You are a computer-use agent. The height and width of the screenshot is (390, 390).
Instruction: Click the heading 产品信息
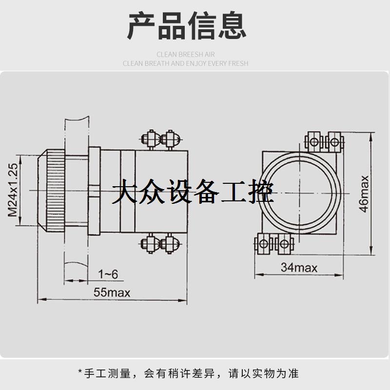point(187,27)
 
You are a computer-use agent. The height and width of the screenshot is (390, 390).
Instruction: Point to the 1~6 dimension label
point(108,274)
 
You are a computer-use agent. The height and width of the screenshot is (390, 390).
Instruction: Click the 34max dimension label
point(299,268)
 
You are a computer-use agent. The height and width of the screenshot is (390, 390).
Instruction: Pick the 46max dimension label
point(363,193)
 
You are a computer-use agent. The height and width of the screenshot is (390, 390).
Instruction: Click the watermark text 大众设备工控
point(193,193)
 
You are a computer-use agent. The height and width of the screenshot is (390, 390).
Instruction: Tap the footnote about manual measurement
point(188,374)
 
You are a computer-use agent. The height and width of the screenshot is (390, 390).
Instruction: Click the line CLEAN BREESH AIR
point(185,55)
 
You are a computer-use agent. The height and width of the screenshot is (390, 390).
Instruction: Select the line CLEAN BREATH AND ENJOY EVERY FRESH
point(185,63)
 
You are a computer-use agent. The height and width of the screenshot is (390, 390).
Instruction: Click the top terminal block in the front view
point(324,141)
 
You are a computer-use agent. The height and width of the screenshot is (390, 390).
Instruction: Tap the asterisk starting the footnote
point(80,373)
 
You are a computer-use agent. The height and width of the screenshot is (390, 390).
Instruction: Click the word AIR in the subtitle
point(209,55)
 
